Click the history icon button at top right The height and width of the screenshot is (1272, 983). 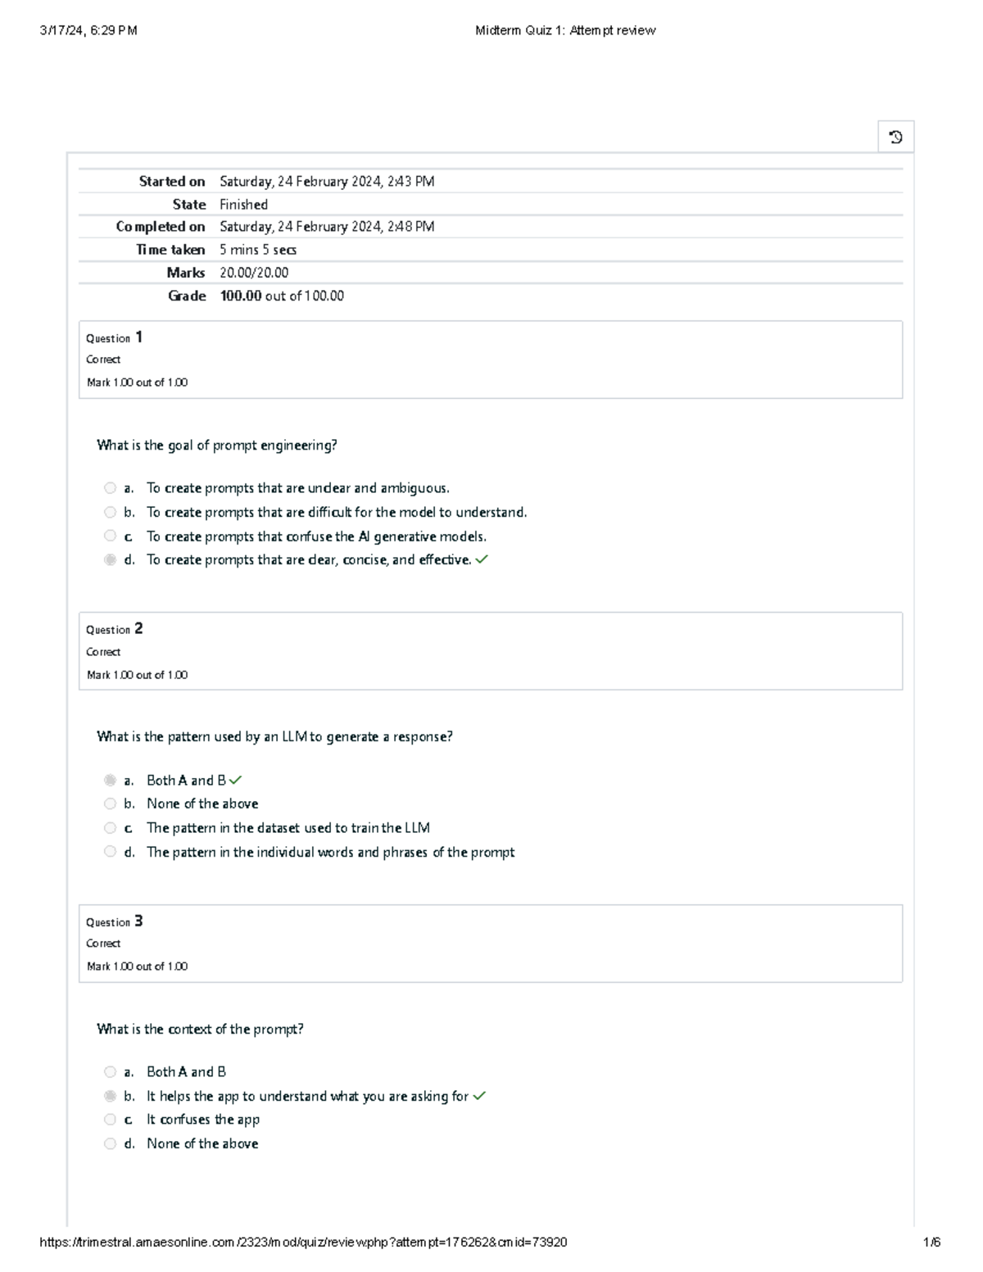point(895,137)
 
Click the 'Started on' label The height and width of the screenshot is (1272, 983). point(171,182)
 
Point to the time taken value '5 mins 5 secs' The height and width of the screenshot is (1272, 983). point(258,250)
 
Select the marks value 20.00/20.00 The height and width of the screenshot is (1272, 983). point(254,273)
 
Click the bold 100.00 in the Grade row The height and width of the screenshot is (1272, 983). point(241,296)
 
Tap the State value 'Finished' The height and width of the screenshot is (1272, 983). point(243,205)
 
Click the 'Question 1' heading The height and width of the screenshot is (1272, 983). point(115,337)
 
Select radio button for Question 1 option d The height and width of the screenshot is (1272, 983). point(110,560)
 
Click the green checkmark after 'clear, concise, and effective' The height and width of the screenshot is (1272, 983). point(482,560)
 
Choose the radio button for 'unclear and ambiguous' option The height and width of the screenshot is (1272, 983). point(110,488)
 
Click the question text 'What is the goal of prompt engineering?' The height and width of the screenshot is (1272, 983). point(217,446)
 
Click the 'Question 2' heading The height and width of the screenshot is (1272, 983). point(115,629)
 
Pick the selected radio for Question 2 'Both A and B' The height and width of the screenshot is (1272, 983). point(110,781)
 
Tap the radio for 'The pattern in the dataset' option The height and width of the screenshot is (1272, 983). point(110,828)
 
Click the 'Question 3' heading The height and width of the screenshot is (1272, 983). point(115,921)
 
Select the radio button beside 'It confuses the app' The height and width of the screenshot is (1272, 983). point(110,1120)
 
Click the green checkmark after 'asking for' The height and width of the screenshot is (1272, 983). point(479,1096)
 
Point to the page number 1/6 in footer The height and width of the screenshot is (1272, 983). point(931,1242)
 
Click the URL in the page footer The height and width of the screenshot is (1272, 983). point(303,1242)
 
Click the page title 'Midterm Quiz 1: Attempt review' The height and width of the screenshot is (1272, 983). point(565,30)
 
